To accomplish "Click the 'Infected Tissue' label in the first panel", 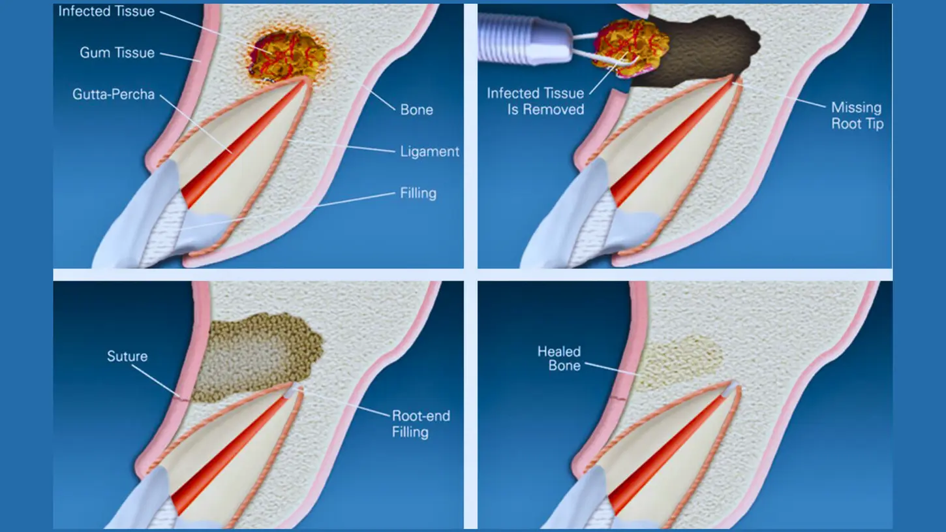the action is point(106,12).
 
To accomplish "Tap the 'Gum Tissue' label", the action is point(117,53).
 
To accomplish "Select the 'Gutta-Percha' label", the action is point(114,95).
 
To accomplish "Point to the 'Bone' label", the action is point(416,109).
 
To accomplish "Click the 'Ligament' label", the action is point(429,151).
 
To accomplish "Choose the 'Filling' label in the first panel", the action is point(418,193).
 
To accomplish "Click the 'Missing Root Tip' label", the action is point(856,116).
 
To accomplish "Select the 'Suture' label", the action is point(127,356).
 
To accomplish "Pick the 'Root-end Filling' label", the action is point(420,424).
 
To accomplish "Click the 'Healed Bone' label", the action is point(559,358).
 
